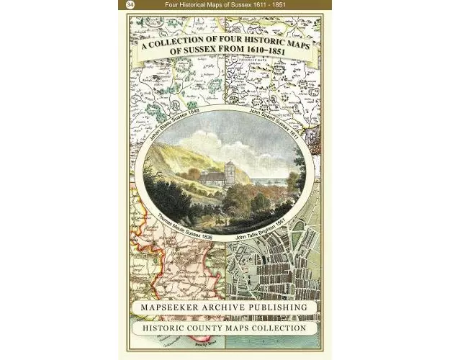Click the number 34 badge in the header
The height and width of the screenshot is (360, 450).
point(130,5)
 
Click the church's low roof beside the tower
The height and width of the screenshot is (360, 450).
point(211,176)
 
